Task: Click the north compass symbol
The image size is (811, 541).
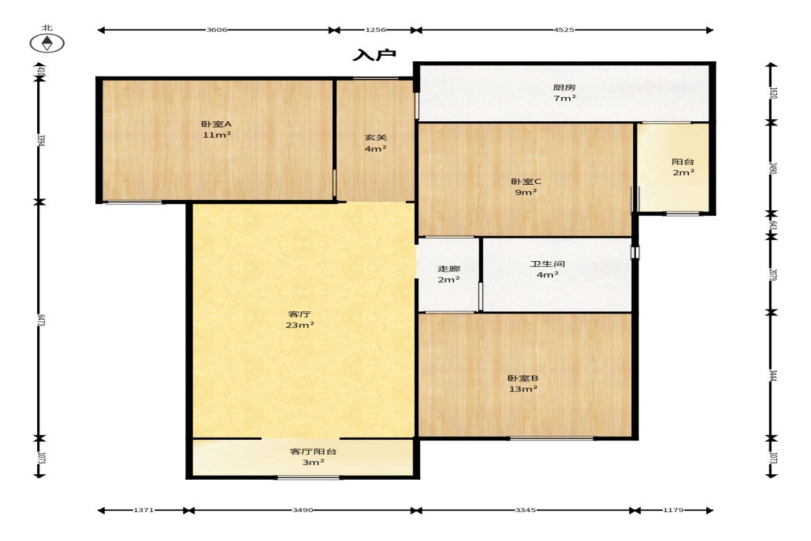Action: click(x=47, y=43)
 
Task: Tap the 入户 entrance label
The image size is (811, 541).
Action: click(x=374, y=55)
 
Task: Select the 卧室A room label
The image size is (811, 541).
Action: click(x=216, y=124)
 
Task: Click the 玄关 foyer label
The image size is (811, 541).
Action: click(x=376, y=138)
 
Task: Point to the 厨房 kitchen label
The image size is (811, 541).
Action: click(x=564, y=88)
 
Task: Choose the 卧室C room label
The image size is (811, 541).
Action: click(x=526, y=181)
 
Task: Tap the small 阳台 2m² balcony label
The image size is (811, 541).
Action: click(x=683, y=167)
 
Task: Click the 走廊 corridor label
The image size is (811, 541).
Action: click(x=449, y=269)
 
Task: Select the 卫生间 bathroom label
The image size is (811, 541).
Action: click(x=547, y=264)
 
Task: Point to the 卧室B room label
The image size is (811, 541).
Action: click(x=523, y=378)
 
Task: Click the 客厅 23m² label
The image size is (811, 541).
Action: click(x=300, y=320)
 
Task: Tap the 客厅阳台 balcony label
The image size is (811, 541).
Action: click(x=313, y=451)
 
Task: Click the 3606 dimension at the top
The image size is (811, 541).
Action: click(x=217, y=30)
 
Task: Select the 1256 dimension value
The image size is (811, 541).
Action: click(x=376, y=30)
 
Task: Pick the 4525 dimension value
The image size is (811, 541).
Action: click(x=564, y=30)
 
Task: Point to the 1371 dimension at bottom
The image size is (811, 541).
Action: click(x=143, y=510)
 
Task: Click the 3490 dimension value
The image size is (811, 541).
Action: click(x=302, y=510)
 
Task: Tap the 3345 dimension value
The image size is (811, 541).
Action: click(x=525, y=510)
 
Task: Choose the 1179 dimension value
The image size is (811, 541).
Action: click(x=673, y=510)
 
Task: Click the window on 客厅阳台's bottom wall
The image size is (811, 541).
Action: click(x=308, y=478)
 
